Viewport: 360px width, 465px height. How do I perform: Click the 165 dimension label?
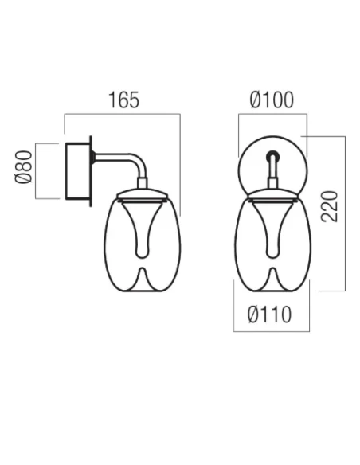[123, 100]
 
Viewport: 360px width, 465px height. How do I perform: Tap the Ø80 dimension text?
[24, 170]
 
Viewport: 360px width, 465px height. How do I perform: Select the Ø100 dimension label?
[272, 100]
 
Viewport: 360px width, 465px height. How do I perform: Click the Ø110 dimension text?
[268, 315]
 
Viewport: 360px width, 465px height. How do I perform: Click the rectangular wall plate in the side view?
[79, 171]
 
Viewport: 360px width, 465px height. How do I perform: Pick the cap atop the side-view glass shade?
[143, 194]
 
